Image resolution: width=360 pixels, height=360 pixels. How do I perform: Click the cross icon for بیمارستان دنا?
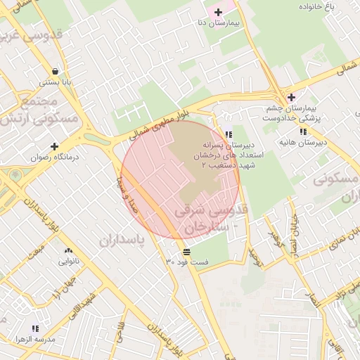(219, 12)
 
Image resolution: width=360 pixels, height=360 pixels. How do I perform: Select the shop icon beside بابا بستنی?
(55, 70)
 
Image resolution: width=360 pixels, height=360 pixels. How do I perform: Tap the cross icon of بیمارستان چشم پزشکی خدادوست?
(291, 97)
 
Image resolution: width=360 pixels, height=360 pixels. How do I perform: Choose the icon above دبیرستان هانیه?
(302, 131)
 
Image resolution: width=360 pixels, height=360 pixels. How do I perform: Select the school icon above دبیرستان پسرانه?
(228, 134)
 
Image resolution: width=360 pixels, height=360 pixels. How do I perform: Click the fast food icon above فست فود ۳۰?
(187, 251)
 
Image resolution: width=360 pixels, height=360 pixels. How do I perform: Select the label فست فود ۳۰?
(187, 262)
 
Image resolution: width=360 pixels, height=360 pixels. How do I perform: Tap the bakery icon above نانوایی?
(68, 251)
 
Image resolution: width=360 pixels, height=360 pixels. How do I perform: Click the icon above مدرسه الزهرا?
(36, 328)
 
